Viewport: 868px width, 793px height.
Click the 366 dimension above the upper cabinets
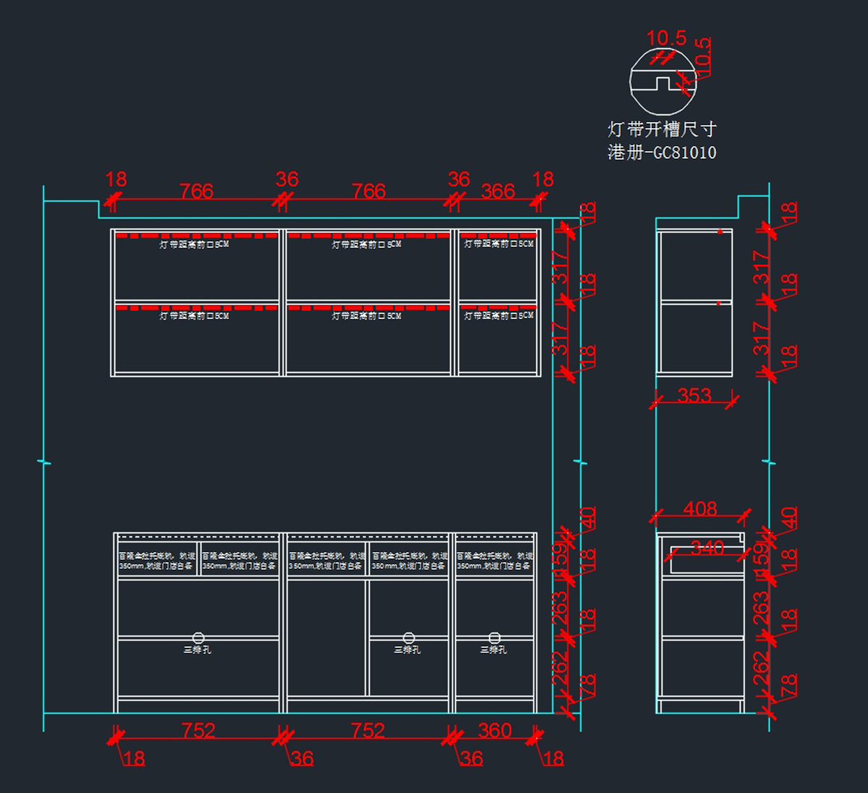(498, 191)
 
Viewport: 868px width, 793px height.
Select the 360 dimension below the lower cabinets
(495, 730)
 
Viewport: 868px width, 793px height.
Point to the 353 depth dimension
(694, 396)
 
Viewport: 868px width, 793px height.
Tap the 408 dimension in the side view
(700, 509)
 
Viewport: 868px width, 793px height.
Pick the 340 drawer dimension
(707, 548)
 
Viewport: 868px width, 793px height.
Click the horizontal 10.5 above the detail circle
(666, 38)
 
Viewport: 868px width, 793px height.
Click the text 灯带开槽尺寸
(662, 130)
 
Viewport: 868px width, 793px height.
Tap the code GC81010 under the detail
(684, 153)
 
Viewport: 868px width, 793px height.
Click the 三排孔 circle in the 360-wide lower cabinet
(495, 637)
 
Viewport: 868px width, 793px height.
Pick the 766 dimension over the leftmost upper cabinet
(196, 191)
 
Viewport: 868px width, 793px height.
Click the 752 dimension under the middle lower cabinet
(367, 730)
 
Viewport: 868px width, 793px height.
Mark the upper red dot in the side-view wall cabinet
(720, 232)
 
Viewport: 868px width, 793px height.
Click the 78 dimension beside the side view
(788, 684)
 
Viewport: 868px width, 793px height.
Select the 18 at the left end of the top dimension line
(116, 179)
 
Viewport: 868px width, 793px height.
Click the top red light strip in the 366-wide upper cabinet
(498, 235)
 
